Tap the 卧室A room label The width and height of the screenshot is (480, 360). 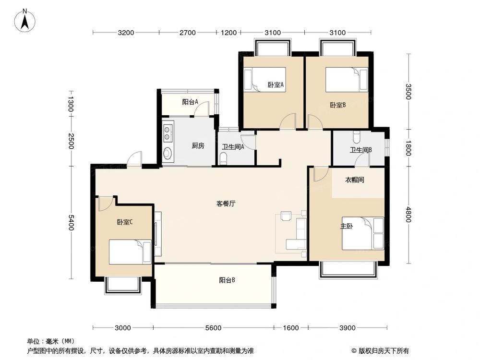point(276,85)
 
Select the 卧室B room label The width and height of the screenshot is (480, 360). point(337,105)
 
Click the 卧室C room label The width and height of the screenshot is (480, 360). point(124,222)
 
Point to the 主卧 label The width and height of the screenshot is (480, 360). point(346,226)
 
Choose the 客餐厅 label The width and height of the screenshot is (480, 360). point(226,204)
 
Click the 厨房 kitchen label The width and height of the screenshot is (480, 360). point(198,146)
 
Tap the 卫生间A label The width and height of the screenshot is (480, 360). point(233,147)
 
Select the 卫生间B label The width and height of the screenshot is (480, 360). point(360,150)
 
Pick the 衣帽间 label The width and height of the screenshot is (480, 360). point(355,180)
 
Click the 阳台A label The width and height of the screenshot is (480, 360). point(190,102)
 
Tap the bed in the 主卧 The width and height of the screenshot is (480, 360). point(363,233)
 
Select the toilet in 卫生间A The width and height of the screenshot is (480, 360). point(223,158)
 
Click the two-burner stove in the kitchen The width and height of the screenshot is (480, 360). point(168,133)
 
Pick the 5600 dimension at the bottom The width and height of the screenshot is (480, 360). point(213,328)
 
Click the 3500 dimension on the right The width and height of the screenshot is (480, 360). point(408,92)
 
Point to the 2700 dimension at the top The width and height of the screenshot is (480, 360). point(188,33)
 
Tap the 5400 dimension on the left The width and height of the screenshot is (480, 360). point(71,222)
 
